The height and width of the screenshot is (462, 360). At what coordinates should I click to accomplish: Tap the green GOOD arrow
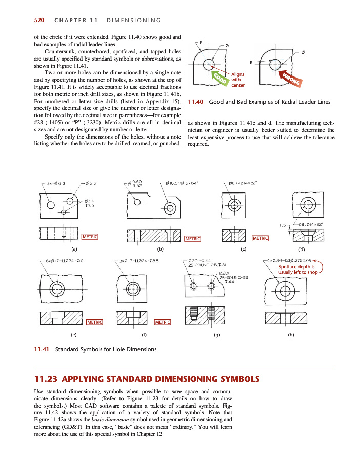[x=221, y=80]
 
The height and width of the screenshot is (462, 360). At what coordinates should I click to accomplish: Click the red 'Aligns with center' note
[x=239, y=80]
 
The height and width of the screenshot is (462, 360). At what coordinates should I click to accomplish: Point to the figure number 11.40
[x=197, y=102]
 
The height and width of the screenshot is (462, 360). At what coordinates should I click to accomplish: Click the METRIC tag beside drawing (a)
[x=90, y=236]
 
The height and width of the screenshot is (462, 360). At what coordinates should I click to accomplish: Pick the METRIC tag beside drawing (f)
[x=162, y=322]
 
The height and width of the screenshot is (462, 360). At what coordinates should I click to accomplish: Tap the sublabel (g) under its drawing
[x=217, y=335]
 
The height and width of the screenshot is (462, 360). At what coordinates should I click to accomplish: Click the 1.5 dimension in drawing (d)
[x=282, y=224]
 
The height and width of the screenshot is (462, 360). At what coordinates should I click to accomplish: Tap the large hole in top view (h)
[x=285, y=292]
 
